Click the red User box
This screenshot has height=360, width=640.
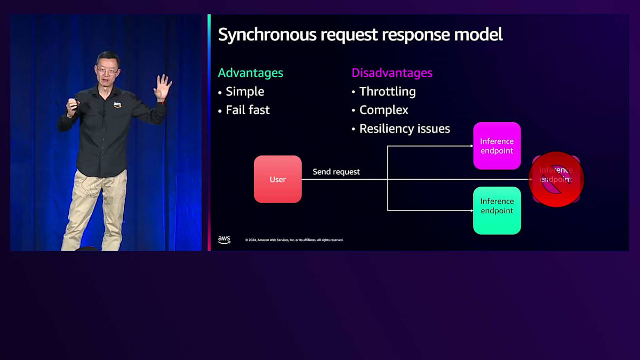pos(277,179)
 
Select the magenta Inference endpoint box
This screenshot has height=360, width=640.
pos(497,146)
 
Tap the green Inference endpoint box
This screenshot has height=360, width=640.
pos(497,210)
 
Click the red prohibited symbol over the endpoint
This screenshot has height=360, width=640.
pos(556,179)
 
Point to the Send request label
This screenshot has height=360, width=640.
pos(336,172)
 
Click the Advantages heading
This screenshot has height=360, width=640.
pos(251,73)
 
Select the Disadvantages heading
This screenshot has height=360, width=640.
pos(392,73)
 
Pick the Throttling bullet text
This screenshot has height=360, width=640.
pos(387,91)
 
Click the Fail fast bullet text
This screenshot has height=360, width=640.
pos(247,110)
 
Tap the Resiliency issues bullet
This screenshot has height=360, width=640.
pos(404,129)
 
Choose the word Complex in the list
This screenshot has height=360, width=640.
pos(383,110)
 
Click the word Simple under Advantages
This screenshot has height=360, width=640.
pos(245,91)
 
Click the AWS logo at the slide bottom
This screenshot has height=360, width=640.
pos(224,239)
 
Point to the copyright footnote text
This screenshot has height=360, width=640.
pos(294,240)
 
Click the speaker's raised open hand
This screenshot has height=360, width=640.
pos(162,87)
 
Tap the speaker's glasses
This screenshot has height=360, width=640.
pos(107,70)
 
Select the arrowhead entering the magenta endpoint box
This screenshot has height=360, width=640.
pos(471,146)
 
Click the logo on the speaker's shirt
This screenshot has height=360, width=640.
pos(117,105)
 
